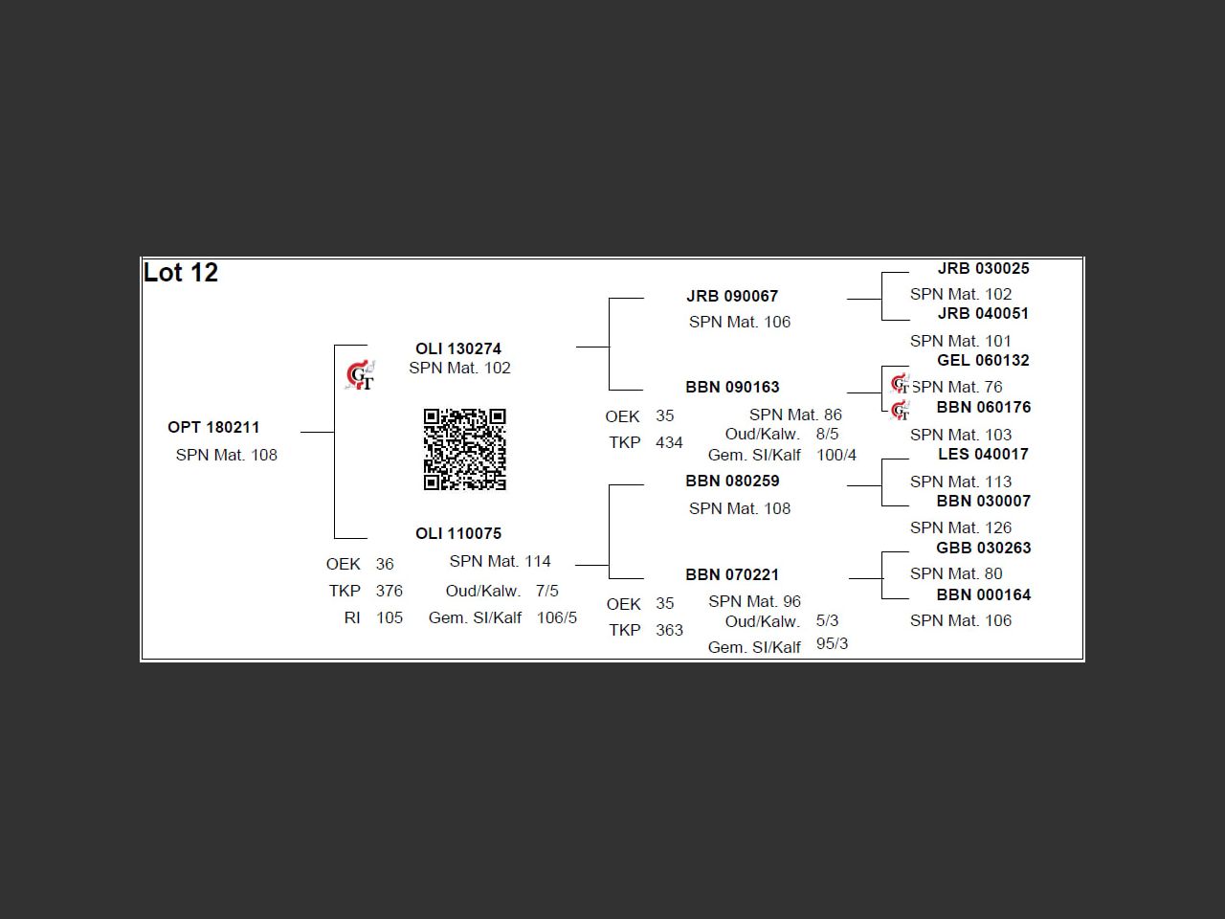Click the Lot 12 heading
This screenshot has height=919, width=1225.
[x=181, y=273]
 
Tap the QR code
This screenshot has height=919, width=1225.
[x=465, y=449]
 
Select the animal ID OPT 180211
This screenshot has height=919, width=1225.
[x=213, y=427]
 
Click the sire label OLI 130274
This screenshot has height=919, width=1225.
[x=458, y=348]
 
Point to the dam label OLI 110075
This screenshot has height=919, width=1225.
[x=458, y=533]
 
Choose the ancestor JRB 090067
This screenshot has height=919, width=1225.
[x=732, y=296]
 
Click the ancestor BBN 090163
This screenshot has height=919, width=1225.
[x=732, y=387]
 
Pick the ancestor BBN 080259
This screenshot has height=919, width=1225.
[x=732, y=481]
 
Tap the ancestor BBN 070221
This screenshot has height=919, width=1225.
[x=732, y=574]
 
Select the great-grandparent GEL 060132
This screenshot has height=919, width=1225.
[x=983, y=360]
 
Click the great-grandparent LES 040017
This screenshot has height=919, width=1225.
[x=983, y=454]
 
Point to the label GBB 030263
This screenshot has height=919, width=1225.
[x=983, y=548]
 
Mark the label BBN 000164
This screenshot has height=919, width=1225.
[x=983, y=594]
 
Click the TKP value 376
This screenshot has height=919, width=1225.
[x=389, y=591]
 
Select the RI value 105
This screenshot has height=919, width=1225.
[x=389, y=617]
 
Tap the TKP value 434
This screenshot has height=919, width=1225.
[x=669, y=442]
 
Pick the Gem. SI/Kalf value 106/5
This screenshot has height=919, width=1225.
[x=556, y=617]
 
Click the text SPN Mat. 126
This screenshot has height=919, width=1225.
[x=960, y=527]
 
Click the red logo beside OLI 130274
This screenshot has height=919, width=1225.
[x=360, y=376]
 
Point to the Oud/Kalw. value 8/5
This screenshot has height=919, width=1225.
[x=827, y=434]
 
